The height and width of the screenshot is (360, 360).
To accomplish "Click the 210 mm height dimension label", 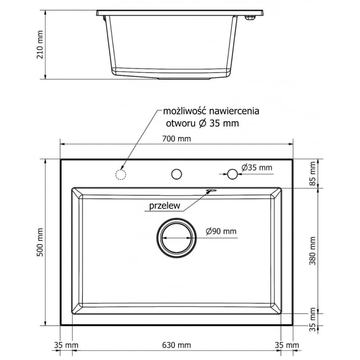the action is (x=40, y=45).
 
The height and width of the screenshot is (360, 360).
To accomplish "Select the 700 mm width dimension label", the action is (x=176, y=139).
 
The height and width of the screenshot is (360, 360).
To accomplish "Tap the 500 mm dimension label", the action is (x=40, y=242).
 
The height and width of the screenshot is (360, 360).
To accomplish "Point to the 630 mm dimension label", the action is (x=176, y=345).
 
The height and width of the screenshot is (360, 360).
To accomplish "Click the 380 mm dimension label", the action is (x=312, y=251).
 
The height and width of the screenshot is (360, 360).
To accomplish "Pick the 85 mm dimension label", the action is (x=313, y=174).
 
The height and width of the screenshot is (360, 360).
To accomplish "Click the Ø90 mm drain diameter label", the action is (x=221, y=231).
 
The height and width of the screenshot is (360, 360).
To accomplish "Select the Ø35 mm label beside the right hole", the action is (x=256, y=167).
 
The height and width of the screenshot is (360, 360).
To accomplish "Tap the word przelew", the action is (x=165, y=206).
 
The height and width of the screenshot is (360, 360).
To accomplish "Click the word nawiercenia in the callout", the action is (x=234, y=111).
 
